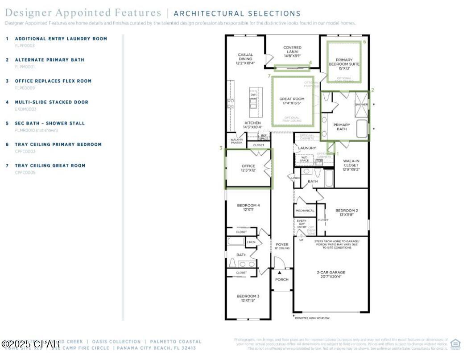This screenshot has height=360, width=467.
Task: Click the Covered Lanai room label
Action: tap(292, 51)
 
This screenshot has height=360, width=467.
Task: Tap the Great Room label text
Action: tap(292, 101)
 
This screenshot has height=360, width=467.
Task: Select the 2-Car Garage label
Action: tap(331, 274)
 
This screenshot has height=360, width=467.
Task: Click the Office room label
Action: tap(248, 168)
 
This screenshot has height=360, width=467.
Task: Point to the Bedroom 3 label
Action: tap(248, 298)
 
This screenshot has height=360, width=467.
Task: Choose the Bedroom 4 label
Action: tap(248, 207)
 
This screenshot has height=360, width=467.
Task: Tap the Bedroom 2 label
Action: tap(346, 212)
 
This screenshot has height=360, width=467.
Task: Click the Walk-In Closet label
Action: tap(351, 165)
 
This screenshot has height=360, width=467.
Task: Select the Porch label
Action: tap(281, 280)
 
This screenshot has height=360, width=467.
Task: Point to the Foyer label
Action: tap(282, 246)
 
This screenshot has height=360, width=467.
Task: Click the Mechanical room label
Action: tap(305, 211)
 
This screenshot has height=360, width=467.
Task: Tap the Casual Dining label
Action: tap(245, 59)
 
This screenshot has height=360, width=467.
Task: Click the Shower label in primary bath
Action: tap(361, 104)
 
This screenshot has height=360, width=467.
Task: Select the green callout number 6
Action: tap(364, 41)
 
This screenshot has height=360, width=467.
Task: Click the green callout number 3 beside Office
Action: tap(221, 148)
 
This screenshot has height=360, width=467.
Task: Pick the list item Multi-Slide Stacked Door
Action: tap(51, 102)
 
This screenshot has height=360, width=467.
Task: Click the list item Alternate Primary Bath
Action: tap(50, 60)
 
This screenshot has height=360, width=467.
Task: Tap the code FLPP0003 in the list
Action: tap(25, 46)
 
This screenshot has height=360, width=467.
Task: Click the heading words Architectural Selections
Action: tap(237, 14)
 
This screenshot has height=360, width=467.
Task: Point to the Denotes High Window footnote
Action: tap(312, 318)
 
